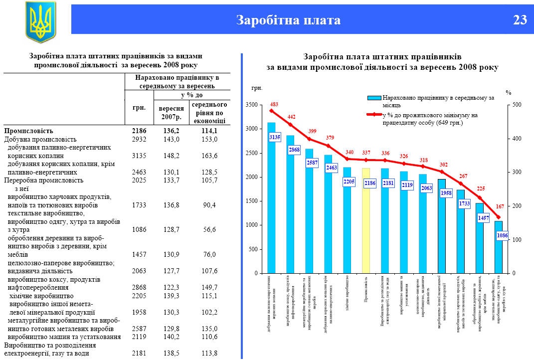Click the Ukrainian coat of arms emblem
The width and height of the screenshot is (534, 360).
click(x=40, y=21)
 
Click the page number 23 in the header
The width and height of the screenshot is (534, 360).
click(x=520, y=20)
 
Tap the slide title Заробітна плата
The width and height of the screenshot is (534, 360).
click(x=288, y=20)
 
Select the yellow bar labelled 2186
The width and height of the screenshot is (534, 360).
click(x=366, y=219)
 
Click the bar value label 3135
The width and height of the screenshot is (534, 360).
click(x=274, y=137)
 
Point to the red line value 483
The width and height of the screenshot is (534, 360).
click(x=274, y=104)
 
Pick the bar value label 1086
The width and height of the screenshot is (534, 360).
click(x=503, y=235)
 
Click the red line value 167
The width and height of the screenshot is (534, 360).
click(x=500, y=206)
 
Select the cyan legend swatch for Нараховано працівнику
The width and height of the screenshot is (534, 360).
click(x=374, y=98)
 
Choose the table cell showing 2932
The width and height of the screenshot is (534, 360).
click(x=139, y=140)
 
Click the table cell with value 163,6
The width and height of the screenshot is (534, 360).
click(x=208, y=156)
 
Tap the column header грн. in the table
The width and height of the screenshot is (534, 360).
click(x=139, y=108)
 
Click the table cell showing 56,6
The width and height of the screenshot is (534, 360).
click(x=208, y=230)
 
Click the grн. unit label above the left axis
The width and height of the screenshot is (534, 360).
click(x=257, y=88)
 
